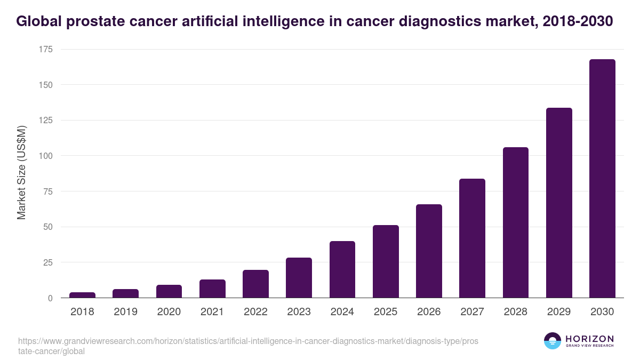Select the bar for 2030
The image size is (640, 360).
point(602,179)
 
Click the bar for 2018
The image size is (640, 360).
point(82,295)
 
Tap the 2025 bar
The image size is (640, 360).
point(386,261)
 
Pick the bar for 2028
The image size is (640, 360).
point(515,222)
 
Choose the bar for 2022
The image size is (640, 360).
point(255,284)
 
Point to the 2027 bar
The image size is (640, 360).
point(472,238)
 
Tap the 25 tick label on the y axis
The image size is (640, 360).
point(47,262)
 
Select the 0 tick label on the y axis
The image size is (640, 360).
point(50,298)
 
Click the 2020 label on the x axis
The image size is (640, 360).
point(169,311)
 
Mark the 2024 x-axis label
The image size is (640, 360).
point(342,311)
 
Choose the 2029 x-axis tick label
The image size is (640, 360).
point(559,311)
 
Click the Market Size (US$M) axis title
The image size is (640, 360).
point(21,172)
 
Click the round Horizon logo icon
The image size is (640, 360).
point(552,341)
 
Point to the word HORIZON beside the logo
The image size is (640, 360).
point(589,338)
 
